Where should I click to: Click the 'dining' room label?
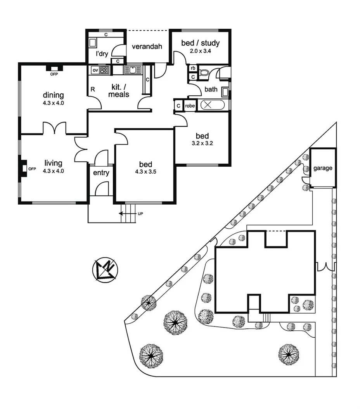[x=53, y=95]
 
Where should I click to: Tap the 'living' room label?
[x=53, y=163]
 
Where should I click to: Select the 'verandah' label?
[x=146, y=47]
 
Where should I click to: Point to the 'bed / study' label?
[x=200, y=43]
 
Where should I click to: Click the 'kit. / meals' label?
[x=119, y=91]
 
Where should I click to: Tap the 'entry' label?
[x=101, y=173]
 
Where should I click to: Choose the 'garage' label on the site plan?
[x=323, y=168]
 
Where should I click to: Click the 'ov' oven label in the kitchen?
[x=95, y=70]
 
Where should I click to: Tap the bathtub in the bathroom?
[x=213, y=105]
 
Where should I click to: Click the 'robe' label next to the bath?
[x=190, y=105]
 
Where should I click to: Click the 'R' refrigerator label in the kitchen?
[x=93, y=89]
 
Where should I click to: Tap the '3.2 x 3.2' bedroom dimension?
[x=202, y=143]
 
